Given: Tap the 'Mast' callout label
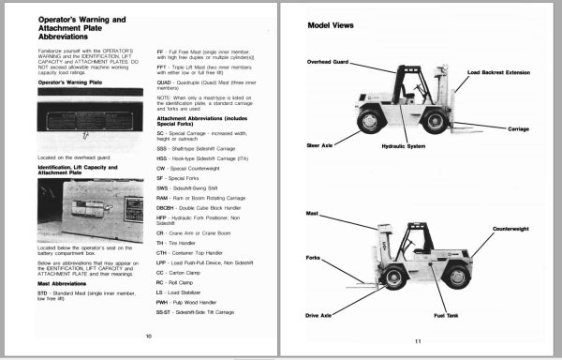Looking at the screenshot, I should coord(313,214).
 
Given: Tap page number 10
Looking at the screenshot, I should coord(147,335).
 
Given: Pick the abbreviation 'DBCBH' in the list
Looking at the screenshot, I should coord(169,209).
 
